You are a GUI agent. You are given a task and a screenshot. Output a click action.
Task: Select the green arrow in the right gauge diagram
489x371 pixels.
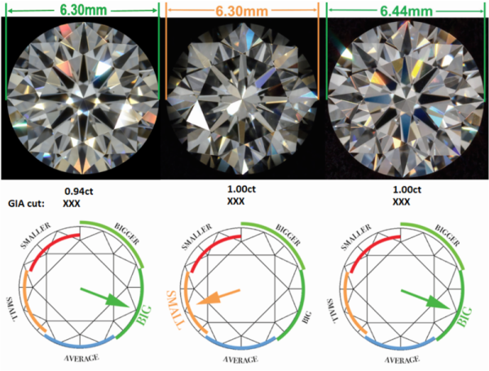(x=425, y=297)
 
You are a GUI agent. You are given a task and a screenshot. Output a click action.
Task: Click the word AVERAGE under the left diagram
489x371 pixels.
(x=84, y=357)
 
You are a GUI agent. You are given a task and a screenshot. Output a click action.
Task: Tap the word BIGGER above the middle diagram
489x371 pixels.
(x=292, y=236)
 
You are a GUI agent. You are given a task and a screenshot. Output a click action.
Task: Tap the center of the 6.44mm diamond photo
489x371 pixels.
(x=405, y=96)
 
